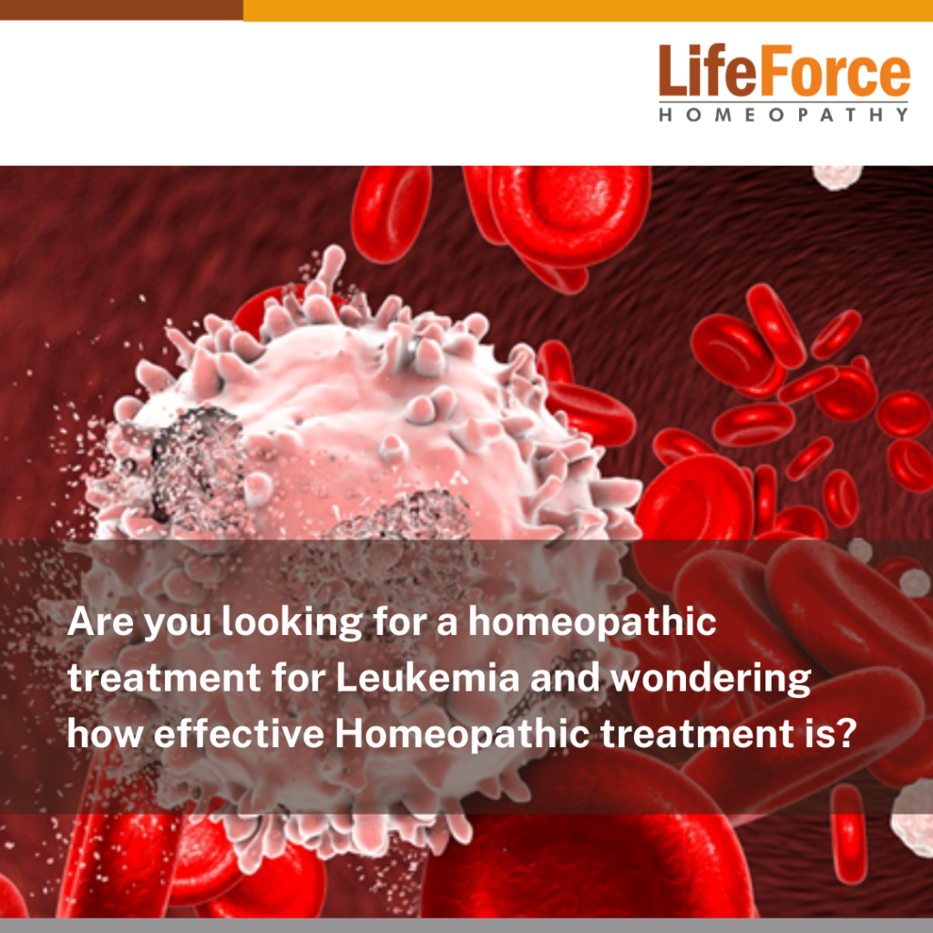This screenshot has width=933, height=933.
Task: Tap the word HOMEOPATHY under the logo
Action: click(x=784, y=114)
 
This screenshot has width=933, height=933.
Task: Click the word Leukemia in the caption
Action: click(x=428, y=677)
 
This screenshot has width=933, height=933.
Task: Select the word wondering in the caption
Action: click(x=712, y=680)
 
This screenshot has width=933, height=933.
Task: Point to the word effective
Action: click(x=240, y=733)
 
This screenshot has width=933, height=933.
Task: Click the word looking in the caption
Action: click(x=292, y=623)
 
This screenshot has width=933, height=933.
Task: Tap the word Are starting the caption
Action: click(x=100, y=621)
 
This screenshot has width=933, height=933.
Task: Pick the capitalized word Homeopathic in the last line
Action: click(x=462, y=735)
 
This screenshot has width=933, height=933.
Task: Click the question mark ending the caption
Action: click(x=846, y=733)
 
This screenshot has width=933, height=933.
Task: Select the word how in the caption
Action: click(x=105, y=733)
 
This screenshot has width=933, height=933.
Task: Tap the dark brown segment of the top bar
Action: click(x=121, y=10)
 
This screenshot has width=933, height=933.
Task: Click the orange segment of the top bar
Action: click(x=588, y=10)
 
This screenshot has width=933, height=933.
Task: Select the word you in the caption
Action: click(x=179, y=626)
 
